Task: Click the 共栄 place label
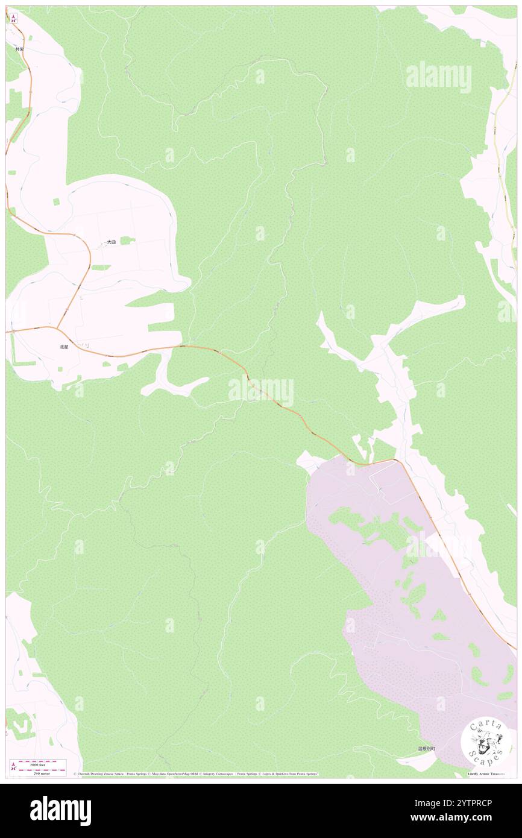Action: coord(19,49)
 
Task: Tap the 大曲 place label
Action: coord(112,242)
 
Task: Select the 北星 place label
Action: coord(64,347)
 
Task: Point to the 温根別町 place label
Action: coord(426,749)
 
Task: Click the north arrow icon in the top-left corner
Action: coord(13,19)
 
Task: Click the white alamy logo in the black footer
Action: coord(60,811)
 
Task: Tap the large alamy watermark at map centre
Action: coord(261,390)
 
